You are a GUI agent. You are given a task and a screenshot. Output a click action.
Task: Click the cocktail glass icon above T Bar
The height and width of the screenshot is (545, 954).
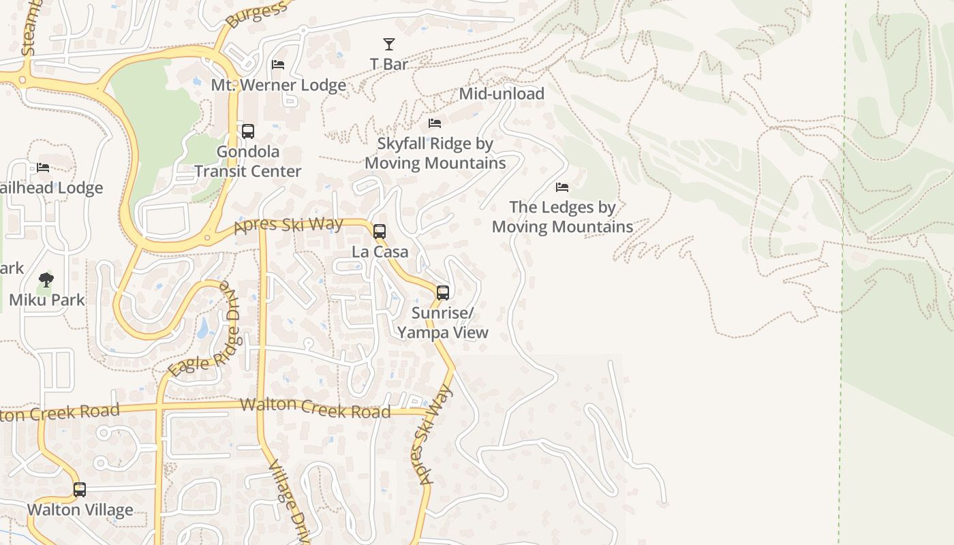tap(388, 44)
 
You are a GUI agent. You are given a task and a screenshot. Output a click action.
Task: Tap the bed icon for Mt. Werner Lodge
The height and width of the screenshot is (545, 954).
tap(278, 65)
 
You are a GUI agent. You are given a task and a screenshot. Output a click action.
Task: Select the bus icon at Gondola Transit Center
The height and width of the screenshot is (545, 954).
tap(248, 131)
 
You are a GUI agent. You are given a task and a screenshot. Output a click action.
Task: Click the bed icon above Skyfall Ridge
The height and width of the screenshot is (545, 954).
tap(435, 123)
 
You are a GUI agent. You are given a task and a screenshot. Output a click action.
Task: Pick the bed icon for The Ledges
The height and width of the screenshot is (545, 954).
tap(562, 187)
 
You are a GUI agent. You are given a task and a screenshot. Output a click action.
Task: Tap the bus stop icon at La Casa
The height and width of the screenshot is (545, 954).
tap(380, 232)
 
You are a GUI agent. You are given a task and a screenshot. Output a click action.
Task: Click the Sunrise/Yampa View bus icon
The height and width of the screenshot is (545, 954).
tap(443, 293)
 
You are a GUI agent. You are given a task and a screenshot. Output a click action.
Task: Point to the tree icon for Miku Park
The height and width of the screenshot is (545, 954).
tap(46, 279)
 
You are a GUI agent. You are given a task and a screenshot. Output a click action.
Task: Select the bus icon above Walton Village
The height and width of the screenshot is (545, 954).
tap(80, 490)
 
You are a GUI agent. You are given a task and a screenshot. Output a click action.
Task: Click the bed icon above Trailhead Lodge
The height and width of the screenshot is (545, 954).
tap(43, 168)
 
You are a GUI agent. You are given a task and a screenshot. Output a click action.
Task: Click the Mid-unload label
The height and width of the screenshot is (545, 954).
tap(502, 93)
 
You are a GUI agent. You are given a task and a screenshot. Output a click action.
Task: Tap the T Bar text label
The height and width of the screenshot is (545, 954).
tap(389, 64)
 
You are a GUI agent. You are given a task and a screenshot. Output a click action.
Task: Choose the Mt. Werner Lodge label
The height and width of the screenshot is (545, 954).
tap(279, 85)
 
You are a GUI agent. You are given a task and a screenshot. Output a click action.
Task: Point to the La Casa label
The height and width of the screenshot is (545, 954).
tap(380, 251)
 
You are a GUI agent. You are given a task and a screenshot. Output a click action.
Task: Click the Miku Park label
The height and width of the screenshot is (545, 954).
tap(47, 299)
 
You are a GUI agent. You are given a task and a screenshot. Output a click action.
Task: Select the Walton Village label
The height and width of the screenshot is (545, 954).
tap(80, 510)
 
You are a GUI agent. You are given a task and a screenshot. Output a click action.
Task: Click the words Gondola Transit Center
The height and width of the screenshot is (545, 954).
tap(248, 161)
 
